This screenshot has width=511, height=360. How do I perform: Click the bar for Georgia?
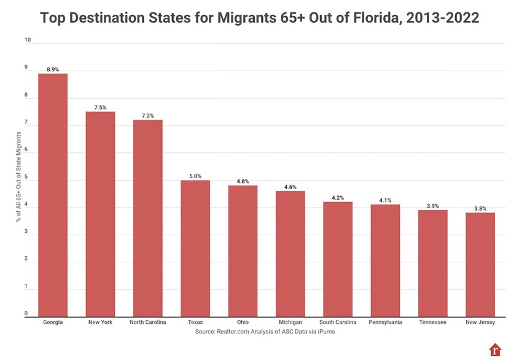(x=53, y=194)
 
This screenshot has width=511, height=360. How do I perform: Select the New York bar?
(x=100, y=213)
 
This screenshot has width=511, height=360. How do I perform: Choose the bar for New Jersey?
(x=480, y=264)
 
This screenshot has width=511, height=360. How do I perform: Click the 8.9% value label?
(x=53, y=69)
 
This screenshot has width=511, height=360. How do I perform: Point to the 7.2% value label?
(x=147, y=115)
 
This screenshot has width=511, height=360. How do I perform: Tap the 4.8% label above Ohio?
(x=243, y=181)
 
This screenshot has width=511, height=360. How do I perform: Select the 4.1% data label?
(x=385, y=200)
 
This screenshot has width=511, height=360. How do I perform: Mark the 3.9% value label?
(x=432, y=206)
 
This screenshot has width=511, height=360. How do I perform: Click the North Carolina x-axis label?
(x=147, y=322)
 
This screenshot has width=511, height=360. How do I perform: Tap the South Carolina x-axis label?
(x=338, y=322)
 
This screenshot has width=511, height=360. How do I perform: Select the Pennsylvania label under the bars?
(x=385, y=322)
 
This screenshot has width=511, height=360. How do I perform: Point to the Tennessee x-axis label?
(x=432, y=322)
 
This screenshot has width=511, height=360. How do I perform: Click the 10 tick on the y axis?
(x=27, y=40)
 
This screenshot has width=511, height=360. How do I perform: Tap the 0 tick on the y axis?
(x=27, y=313)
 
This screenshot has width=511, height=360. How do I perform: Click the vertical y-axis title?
(x=19, y=178)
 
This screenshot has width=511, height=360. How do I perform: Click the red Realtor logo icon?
(x=495, y=350)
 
